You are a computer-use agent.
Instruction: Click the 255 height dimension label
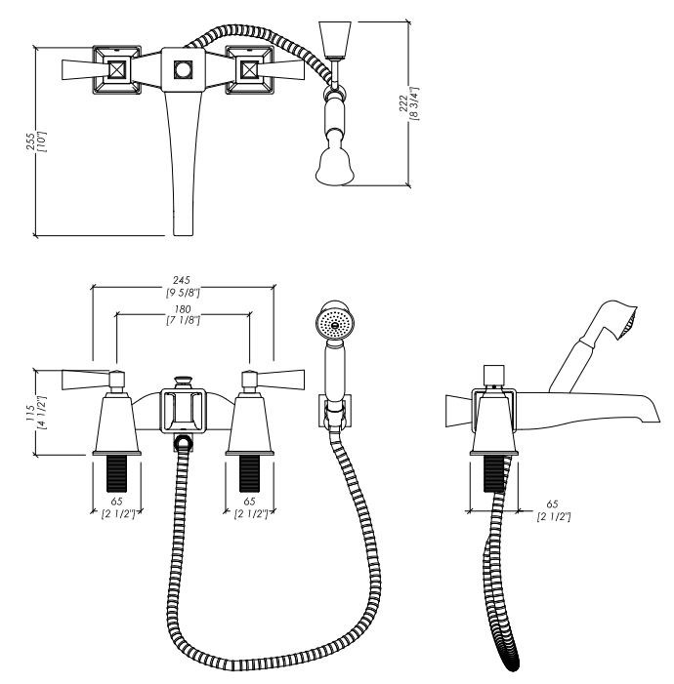coord(31,141)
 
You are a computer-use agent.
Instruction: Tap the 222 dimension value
coord(403,103)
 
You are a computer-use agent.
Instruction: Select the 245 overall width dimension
coord(182,280)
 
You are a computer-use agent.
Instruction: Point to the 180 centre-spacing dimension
coord(183,309)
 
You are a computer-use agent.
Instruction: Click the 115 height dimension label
coord(30,413)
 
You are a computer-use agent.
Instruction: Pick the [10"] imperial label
coord(43,141)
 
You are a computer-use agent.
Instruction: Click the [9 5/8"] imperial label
coord(183,293)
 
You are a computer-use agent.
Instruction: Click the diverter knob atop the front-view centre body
coord(184,382)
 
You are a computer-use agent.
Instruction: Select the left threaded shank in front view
coord(116,473)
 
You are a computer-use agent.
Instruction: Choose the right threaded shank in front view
coord(249,473)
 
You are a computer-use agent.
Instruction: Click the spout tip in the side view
coord(653,416)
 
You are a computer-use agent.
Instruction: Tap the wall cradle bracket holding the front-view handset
coord(335,411)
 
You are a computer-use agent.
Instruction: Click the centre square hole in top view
coord(183,70)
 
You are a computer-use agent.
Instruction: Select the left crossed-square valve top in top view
coord(116,70)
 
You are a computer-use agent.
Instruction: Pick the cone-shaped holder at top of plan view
coord(335,39)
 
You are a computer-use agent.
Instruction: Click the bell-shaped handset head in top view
coord(335,167)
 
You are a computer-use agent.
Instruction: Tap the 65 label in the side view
coord(552,504)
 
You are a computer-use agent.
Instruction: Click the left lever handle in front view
coord(86,380)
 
